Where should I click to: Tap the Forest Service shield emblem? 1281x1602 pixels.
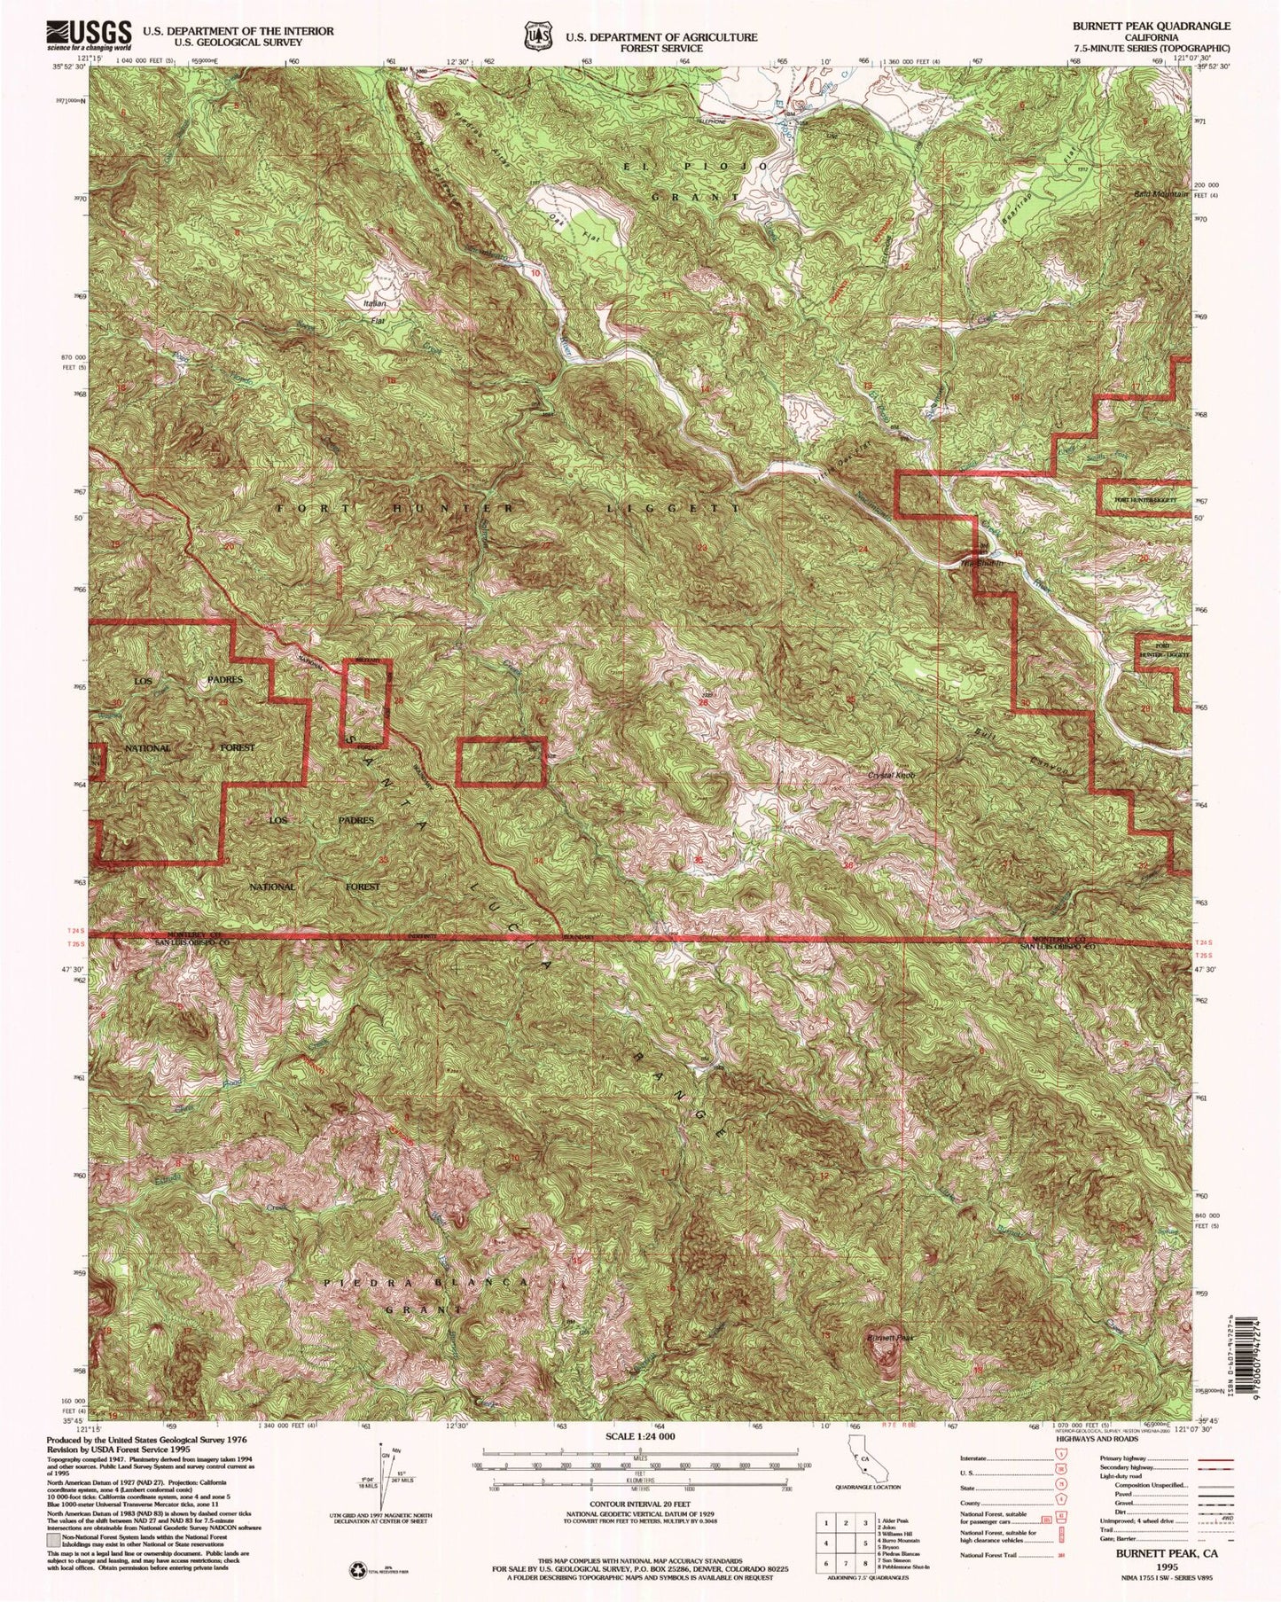pyautogui.click(x=535, y=36)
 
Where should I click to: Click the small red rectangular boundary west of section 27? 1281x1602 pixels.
pyautogui.click(x=500, y=762)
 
